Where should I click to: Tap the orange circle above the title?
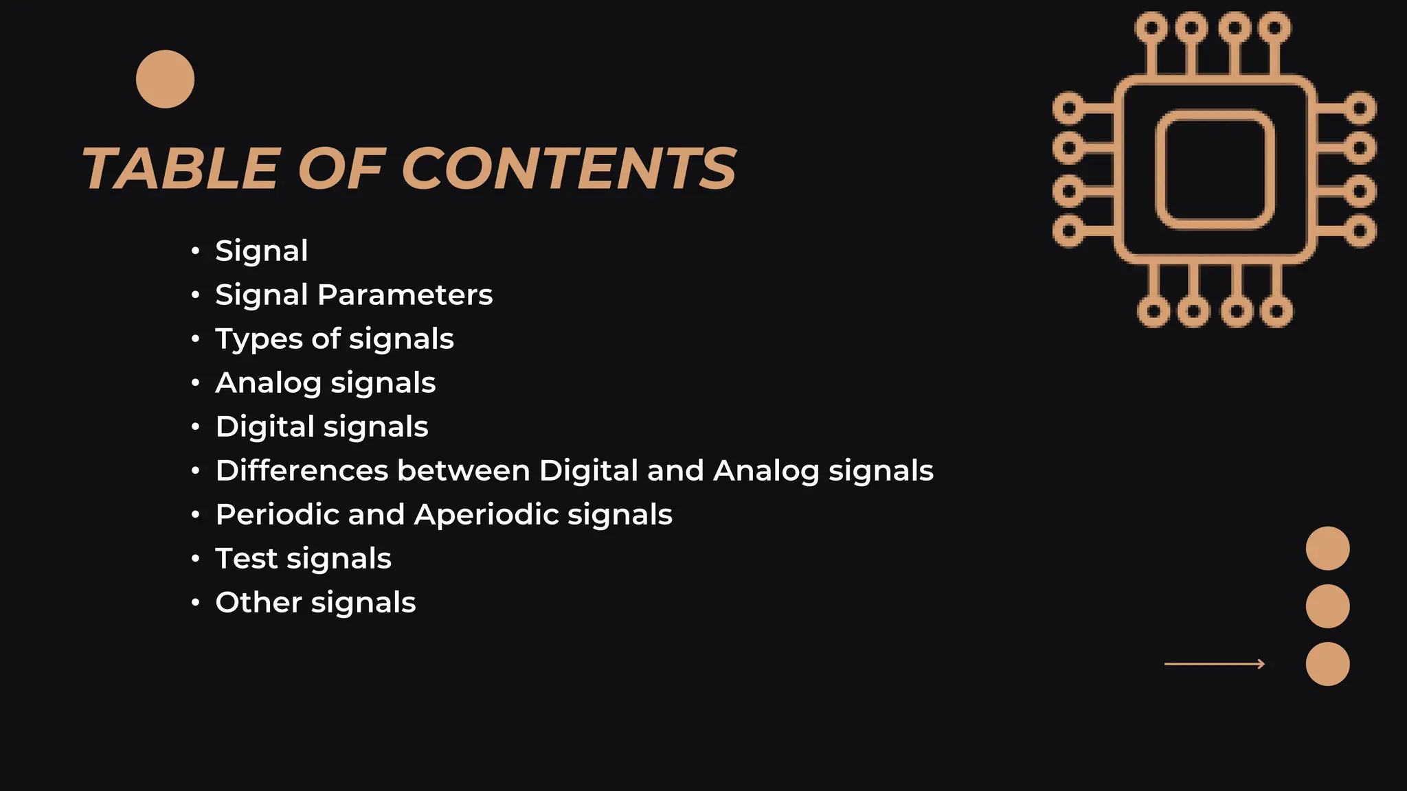165,79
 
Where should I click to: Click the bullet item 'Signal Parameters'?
354,295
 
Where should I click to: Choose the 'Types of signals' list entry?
335,339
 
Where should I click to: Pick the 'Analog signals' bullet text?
326,383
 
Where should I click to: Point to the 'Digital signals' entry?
322,427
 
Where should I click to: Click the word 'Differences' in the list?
302,471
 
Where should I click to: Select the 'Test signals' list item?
303,559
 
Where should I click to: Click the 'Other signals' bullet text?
315,603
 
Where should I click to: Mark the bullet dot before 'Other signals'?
196,603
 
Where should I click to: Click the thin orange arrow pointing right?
1214,664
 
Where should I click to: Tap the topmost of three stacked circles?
1327,549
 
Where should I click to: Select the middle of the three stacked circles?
1327,606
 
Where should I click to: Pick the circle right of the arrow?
1327,664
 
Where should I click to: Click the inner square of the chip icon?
1215,170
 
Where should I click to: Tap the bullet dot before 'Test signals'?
196,559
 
